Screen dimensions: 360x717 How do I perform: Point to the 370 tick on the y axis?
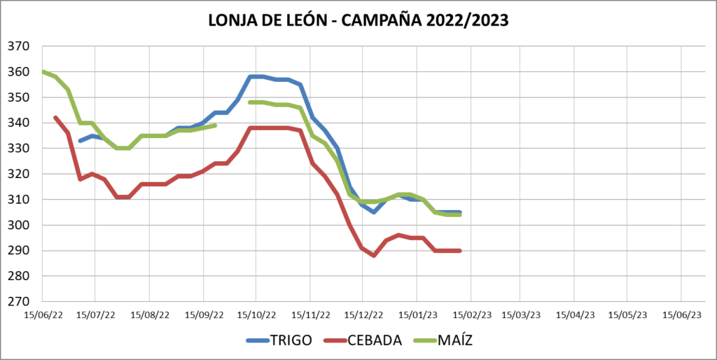(x=18, y=46)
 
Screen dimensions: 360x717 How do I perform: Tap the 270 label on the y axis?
(x=18, y=302)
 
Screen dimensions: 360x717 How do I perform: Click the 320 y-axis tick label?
(x=18, y=174)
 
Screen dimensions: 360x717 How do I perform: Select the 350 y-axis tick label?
(x=18, y=97)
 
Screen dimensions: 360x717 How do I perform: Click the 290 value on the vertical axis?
(x=18, y=251)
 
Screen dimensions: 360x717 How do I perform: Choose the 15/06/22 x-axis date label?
(x=42, y=315)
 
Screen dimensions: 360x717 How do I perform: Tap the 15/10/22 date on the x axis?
(x=256, y=315)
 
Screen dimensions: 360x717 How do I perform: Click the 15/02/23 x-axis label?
(x=470, y=315)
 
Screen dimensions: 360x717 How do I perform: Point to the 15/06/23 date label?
(x=681, y=315)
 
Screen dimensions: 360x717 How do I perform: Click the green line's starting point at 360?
(x=43, y=71)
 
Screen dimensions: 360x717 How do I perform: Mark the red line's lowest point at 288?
(x=374, y=256)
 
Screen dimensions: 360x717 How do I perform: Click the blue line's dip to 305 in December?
(x=374, y=212)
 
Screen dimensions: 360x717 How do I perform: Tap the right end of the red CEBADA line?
(x=460, y=251)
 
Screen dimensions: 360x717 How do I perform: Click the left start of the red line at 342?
(x=55, y=118)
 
